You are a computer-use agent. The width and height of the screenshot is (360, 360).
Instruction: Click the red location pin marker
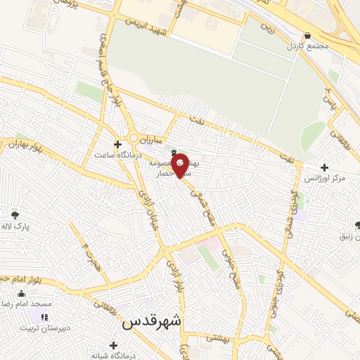click(x=181, y=165)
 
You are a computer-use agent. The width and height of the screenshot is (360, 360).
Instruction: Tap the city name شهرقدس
click(x=152, y=321)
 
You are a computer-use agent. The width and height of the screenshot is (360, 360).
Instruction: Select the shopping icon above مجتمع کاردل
click(x=307, y=36)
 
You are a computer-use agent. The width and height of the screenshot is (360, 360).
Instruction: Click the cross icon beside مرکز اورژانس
click(x=324, y=167)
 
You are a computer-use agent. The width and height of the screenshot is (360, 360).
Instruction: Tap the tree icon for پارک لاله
click(x=15, y=216)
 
